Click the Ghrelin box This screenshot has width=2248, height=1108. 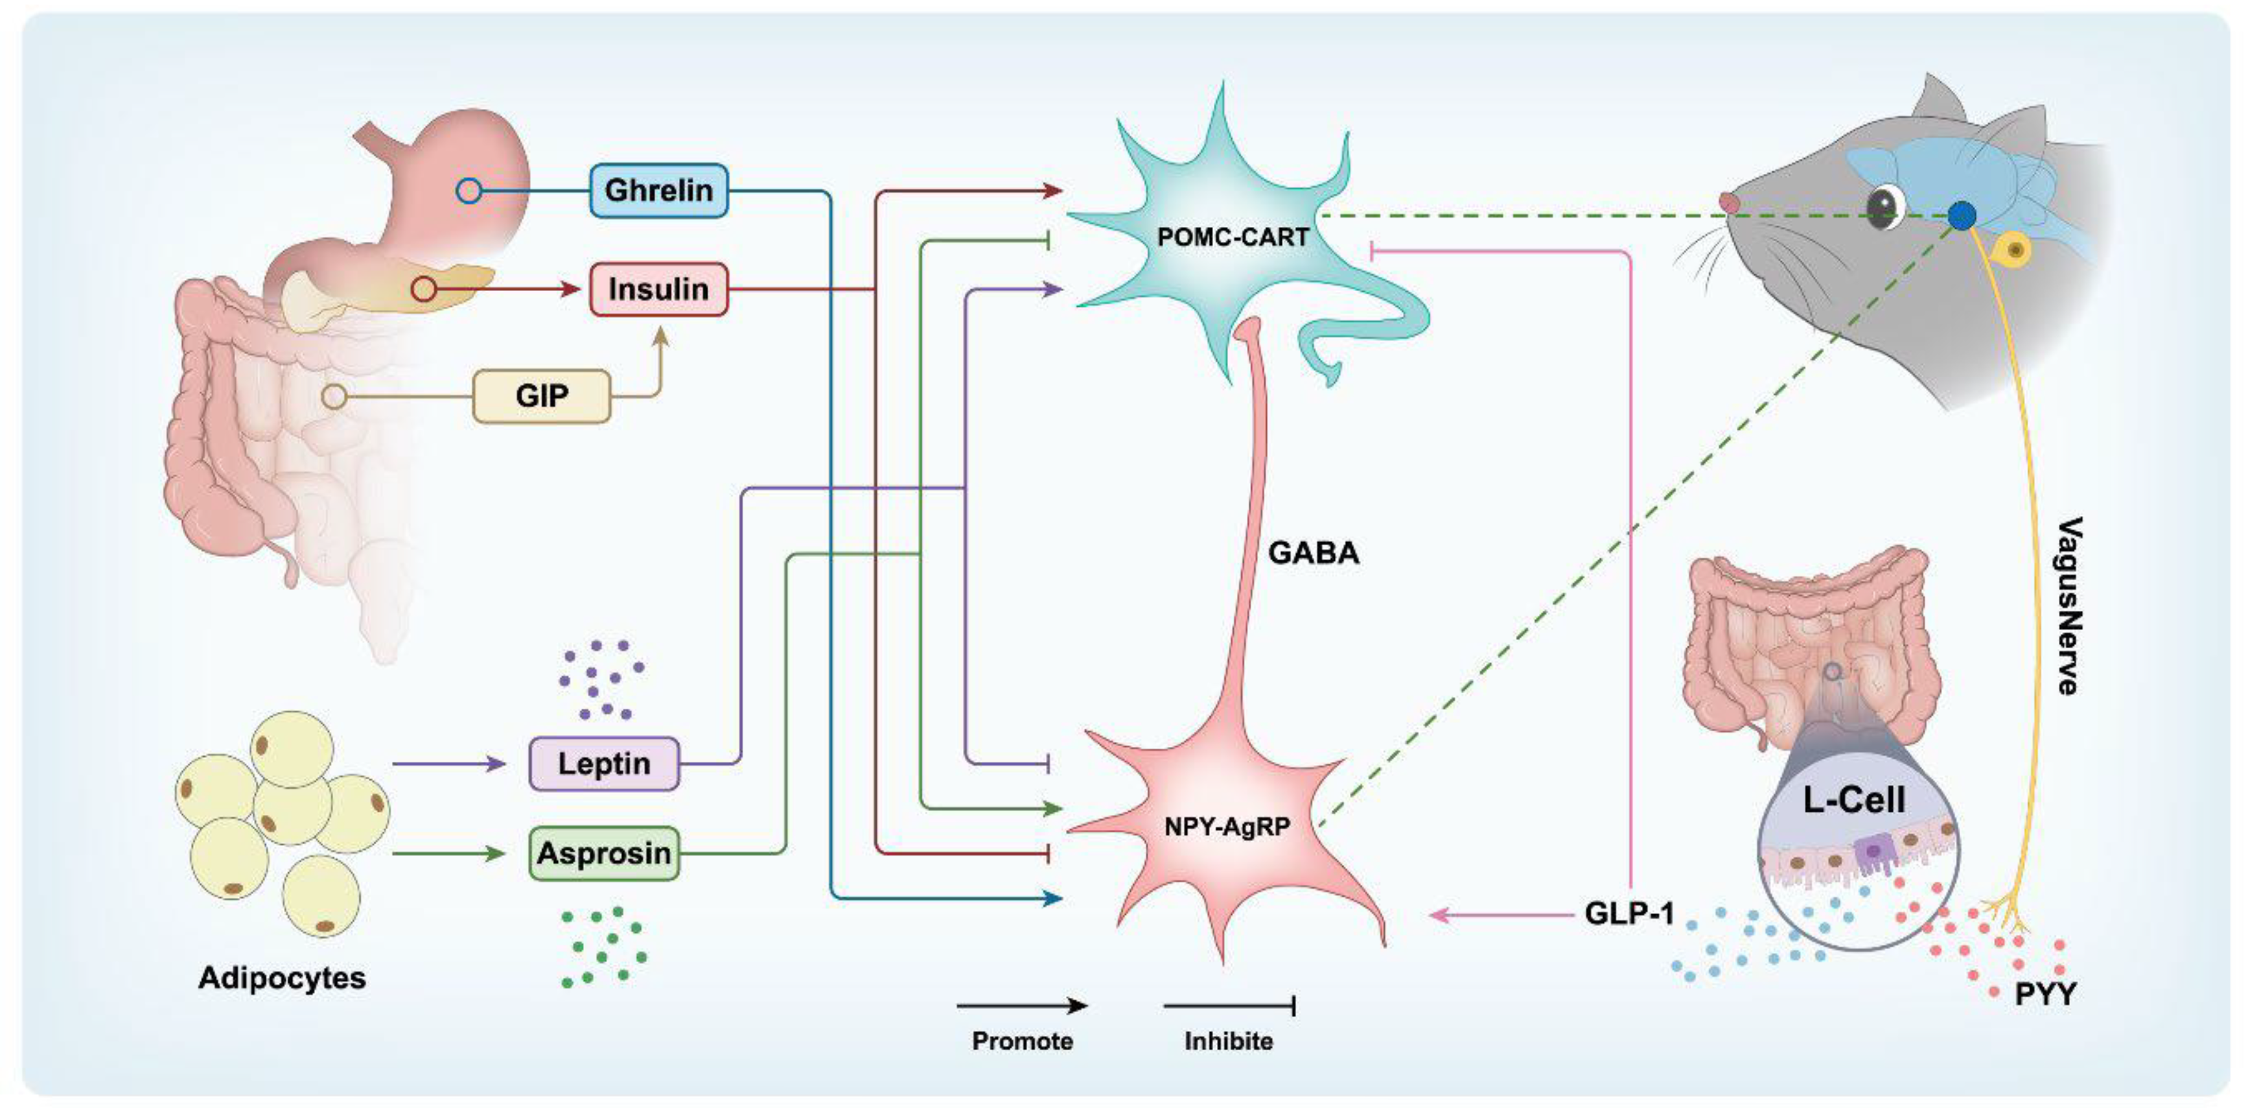point(659,191)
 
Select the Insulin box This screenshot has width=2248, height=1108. point(659,289)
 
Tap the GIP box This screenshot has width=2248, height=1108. point(541,396)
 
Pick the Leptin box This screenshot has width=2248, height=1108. point(604,764)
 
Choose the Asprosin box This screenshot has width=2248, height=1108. point(604,853)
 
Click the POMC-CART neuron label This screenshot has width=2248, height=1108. point(1232,237)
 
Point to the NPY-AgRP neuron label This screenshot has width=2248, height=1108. point(1227,826)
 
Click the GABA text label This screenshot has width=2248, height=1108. point(1314,552)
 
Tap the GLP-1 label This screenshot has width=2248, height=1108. point(1629,914)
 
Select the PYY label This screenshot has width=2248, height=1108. point(2045,994)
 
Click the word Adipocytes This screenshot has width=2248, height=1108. point(282,977)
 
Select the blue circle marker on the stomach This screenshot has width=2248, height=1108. point(470,191)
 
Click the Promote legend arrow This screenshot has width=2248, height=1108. point(1022,1006)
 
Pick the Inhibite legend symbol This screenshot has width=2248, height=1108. point(1229,1006)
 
